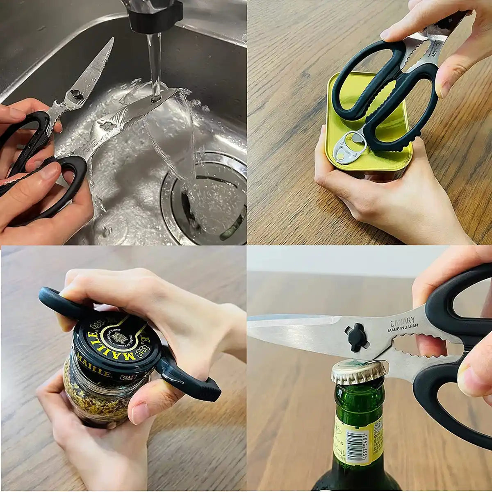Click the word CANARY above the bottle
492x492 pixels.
402,321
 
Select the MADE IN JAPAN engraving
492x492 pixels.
403,327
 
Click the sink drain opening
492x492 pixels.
205,197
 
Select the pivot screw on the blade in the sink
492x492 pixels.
75,95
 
